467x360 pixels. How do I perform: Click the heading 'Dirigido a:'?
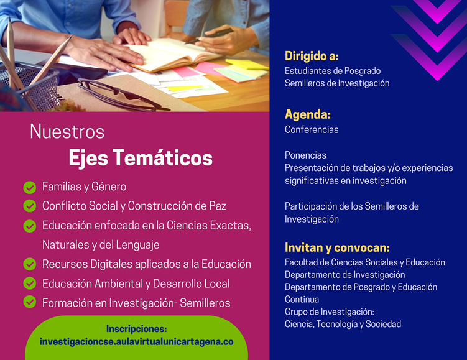click(x=312, y=56)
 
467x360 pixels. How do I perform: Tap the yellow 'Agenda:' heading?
click(x=308, y=114)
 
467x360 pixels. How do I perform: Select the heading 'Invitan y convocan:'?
click(x=337, y=247)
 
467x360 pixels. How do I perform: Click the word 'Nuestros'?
click(x=67, y=132)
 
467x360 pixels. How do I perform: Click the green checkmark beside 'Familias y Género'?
click(x=30, y=188)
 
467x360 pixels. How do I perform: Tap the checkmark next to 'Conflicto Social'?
click(x=30, y=206)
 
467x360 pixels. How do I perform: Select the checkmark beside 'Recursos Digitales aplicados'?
click(x=30, y=264)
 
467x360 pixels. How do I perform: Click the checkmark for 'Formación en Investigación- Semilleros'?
click(x=30, y=302)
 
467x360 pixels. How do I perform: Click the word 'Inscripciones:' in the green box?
click(x=136, y=329)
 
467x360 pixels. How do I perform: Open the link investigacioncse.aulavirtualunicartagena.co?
click(x=136, y=342)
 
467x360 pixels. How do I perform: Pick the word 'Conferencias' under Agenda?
click(x=312, y=129)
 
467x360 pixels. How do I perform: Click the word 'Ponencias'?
click(x=305, y=155)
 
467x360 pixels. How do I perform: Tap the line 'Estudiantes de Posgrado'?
click(x=333, y=71)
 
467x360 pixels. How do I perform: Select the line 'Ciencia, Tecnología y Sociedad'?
click(x=343, y=324)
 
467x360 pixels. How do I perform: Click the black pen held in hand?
click(x=209, y=36)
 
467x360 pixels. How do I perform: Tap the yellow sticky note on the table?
click(x=247, y=64)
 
